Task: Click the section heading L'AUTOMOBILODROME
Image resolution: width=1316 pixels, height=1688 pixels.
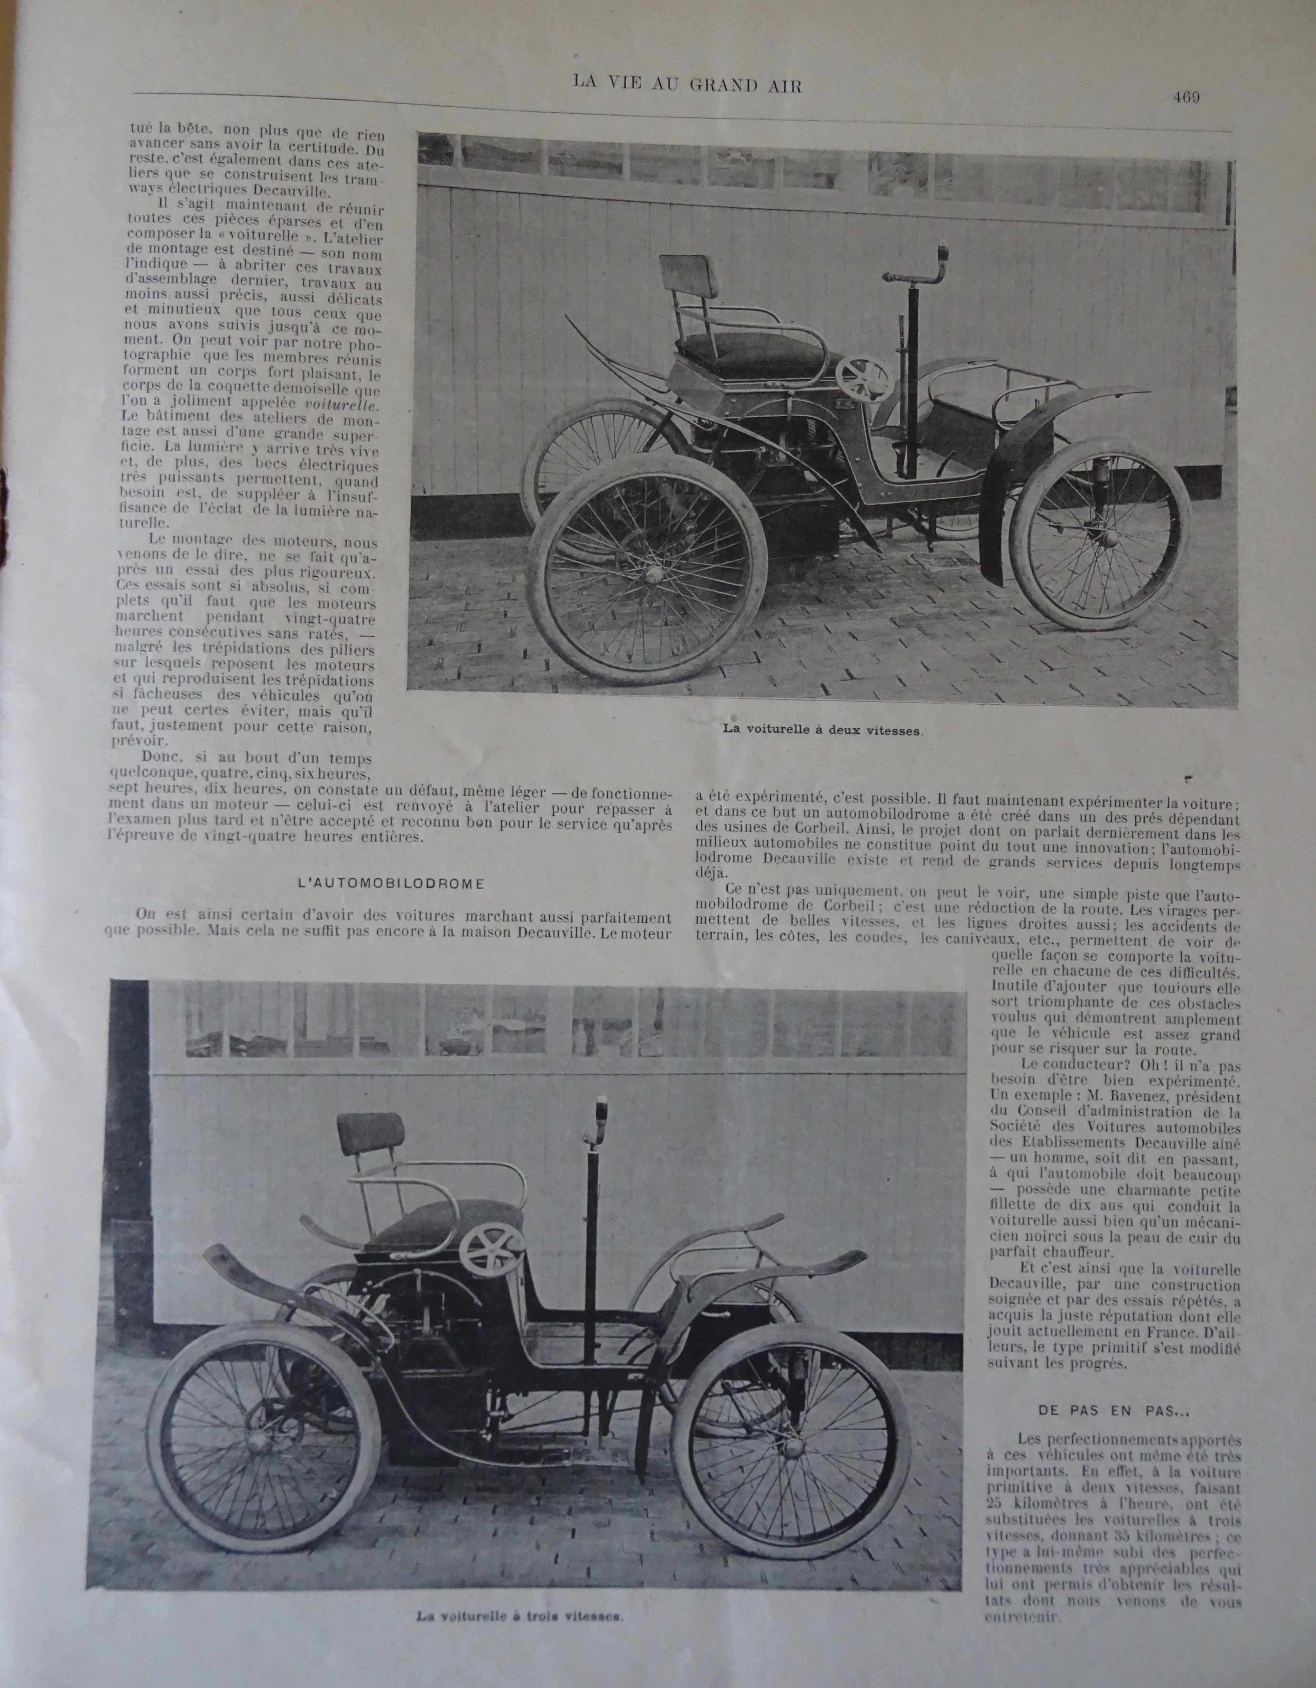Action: click(391, 883)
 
